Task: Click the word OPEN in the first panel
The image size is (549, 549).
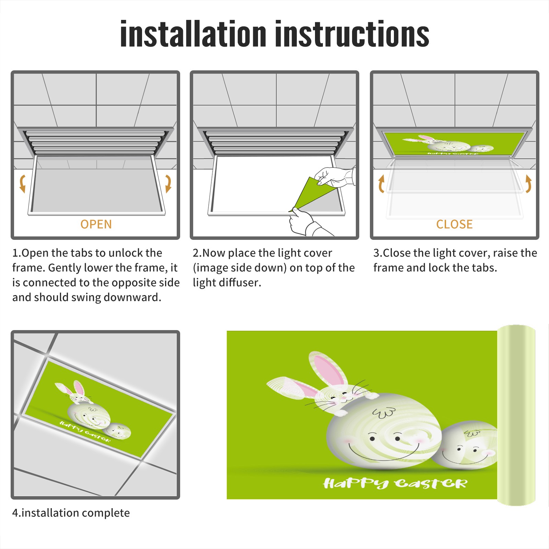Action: [96, 224]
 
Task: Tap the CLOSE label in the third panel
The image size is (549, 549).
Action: [454, 224]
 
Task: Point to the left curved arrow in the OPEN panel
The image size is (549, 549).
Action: [22, 184]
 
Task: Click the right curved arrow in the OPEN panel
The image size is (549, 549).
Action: [168, 184]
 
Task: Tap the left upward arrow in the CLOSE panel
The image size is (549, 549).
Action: [381, 184]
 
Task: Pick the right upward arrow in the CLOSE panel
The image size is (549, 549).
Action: [528, 184]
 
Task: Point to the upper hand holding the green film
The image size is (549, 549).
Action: [335, 177]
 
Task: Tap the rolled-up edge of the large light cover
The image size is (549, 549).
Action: [516, 415]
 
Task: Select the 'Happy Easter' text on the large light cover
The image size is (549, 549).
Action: [395, 483]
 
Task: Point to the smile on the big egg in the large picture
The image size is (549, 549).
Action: [384, 453]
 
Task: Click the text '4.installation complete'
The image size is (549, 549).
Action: [71, 513]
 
